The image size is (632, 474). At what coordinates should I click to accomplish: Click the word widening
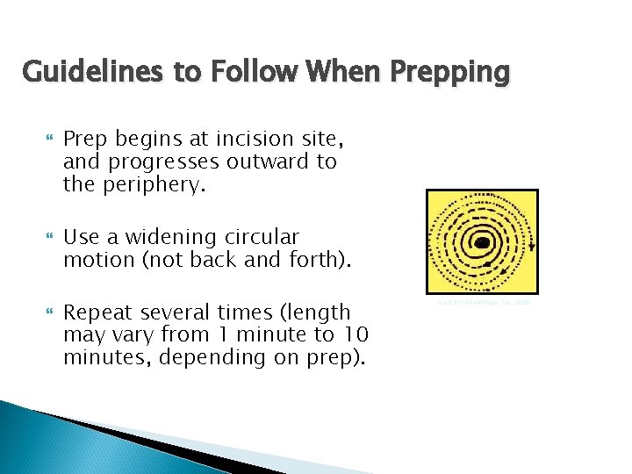point(154,237)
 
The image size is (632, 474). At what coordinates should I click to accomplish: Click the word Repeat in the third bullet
point(97,312)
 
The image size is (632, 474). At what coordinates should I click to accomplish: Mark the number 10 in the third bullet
point(355,334)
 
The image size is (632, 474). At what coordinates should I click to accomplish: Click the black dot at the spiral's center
point(482,242)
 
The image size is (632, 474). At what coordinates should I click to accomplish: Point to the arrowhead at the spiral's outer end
point(532,248)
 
